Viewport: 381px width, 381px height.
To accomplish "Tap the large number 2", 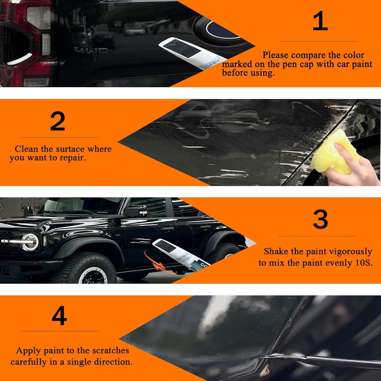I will click(58, 121).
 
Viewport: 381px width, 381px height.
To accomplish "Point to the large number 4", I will click(59, 316).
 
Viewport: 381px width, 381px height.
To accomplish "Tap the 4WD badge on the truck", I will click(90, 50).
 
